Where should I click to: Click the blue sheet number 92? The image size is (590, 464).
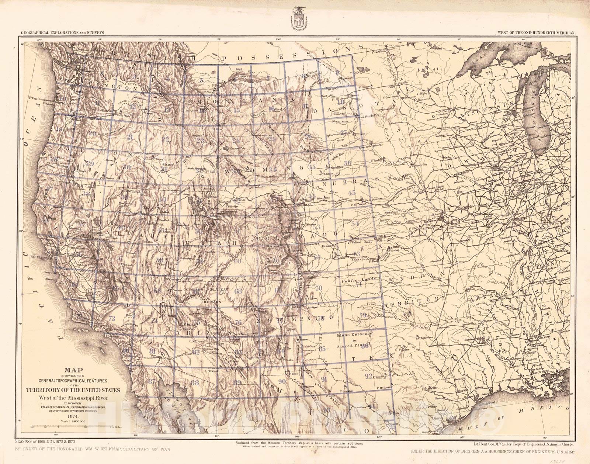[368, 376]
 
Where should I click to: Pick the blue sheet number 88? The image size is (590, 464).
[195, 382]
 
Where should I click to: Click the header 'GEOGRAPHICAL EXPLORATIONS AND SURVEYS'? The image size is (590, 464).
[63, 32]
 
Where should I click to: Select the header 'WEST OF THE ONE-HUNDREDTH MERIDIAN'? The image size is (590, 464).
[536, 33]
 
